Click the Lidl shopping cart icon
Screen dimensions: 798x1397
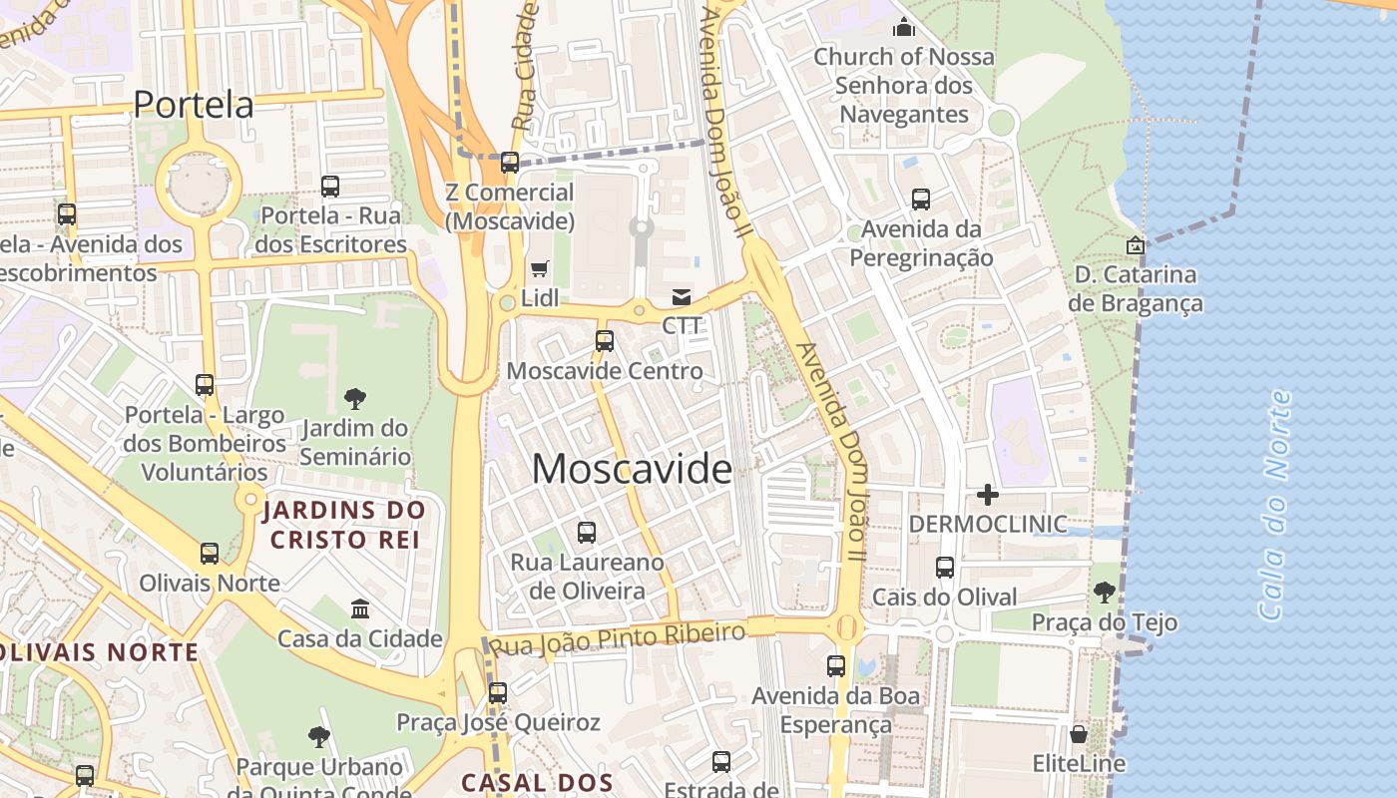540,267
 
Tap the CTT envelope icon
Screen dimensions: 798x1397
682,296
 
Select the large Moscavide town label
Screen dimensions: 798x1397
632,469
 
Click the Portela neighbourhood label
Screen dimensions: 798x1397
194,105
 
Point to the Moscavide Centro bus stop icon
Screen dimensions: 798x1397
605,341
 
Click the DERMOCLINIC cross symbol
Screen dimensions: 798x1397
988,494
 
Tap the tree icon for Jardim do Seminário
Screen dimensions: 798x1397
354,399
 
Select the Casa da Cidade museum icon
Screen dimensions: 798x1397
360,608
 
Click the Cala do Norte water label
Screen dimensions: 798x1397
1274,506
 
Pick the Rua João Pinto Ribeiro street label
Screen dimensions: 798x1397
619,638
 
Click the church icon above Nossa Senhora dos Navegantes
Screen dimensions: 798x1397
904,27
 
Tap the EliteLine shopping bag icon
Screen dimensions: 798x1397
1079,735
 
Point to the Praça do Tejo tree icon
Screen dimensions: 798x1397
1105,593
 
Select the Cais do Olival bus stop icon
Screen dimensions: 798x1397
945,568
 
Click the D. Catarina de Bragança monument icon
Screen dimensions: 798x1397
1136,244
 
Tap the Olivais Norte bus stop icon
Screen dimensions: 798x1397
210,554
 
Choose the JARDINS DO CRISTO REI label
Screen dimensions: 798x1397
344,525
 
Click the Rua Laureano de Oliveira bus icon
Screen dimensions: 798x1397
587,533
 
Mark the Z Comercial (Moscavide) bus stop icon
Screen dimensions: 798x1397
510,163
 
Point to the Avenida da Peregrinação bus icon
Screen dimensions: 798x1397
921,199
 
